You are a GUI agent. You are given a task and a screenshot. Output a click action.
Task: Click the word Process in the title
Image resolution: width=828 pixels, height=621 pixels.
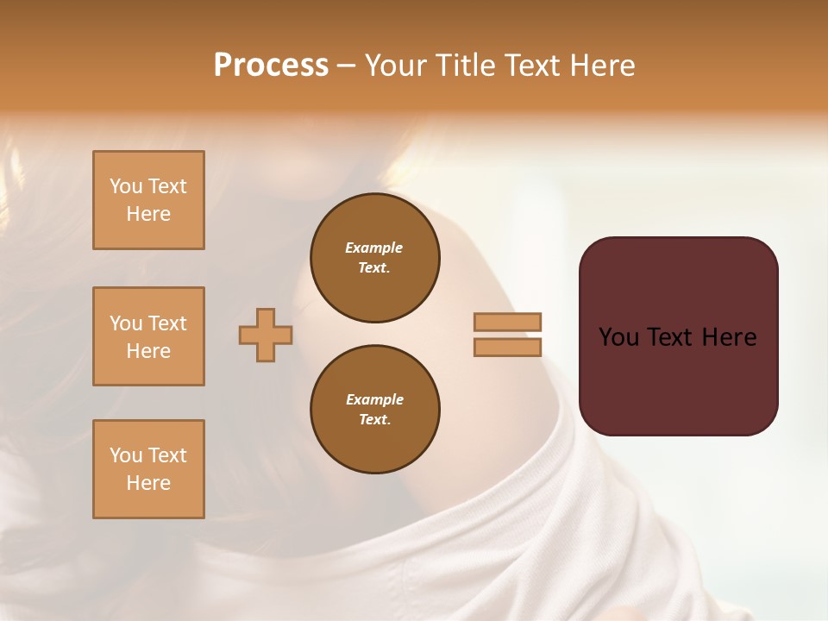tap(271, 66)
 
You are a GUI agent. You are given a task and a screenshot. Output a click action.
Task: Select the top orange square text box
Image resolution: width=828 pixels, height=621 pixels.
tap(148, 200)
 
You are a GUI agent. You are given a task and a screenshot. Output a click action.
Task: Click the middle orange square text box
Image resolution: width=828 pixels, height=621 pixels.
tap(148, 336)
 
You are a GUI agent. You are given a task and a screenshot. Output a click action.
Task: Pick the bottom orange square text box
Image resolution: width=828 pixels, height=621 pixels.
tap(148, 469)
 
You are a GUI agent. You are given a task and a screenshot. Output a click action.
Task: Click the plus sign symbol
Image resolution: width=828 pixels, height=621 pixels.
tap(266, 335)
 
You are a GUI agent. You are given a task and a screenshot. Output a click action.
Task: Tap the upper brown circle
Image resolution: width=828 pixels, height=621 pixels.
tap(374, 258)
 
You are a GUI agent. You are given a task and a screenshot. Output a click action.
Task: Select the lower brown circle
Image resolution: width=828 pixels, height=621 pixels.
tap(374, 410)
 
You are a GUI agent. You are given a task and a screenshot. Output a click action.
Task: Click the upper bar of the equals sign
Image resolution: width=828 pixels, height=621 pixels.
tap(507, 322)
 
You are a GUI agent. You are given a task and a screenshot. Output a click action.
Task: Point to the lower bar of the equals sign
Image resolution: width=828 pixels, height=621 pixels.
tap(507, 347)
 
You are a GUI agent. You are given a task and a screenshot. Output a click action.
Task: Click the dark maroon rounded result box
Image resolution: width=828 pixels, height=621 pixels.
tap(678, 336)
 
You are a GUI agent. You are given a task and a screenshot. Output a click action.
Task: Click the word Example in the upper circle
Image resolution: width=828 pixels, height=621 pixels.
tap(374, 248)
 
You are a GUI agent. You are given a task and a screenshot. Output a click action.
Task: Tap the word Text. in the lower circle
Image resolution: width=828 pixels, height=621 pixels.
tap(374, 420)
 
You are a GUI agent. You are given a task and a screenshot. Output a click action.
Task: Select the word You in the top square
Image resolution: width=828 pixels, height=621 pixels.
tap(126, 186)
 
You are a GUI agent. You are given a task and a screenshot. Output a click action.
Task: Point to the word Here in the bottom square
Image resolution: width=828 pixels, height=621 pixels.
tap(148, 483)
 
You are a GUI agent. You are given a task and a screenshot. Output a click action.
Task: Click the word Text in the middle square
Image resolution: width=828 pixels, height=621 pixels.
tap(167, 323)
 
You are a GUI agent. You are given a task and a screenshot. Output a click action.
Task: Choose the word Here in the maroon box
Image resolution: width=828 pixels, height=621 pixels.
tap(729, 337)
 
